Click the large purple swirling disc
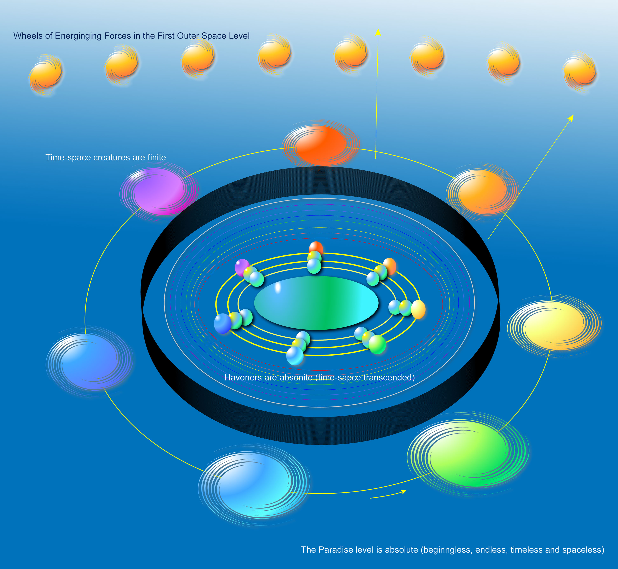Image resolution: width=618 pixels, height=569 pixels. pos(159,191)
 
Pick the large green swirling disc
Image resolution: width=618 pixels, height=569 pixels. pos(468,454)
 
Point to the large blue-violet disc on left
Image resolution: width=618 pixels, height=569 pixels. pos(89,362)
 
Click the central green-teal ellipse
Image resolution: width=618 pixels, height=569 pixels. pos(316,303)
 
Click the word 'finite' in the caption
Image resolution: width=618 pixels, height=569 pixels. pos(156,157)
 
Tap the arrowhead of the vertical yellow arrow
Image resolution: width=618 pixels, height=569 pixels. pos(378,32)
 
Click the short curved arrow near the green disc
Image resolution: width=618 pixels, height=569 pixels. pos(388,494)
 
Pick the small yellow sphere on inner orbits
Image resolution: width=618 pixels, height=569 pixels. pos(418,309)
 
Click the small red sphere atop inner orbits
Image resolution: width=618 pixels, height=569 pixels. pos(316,248)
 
